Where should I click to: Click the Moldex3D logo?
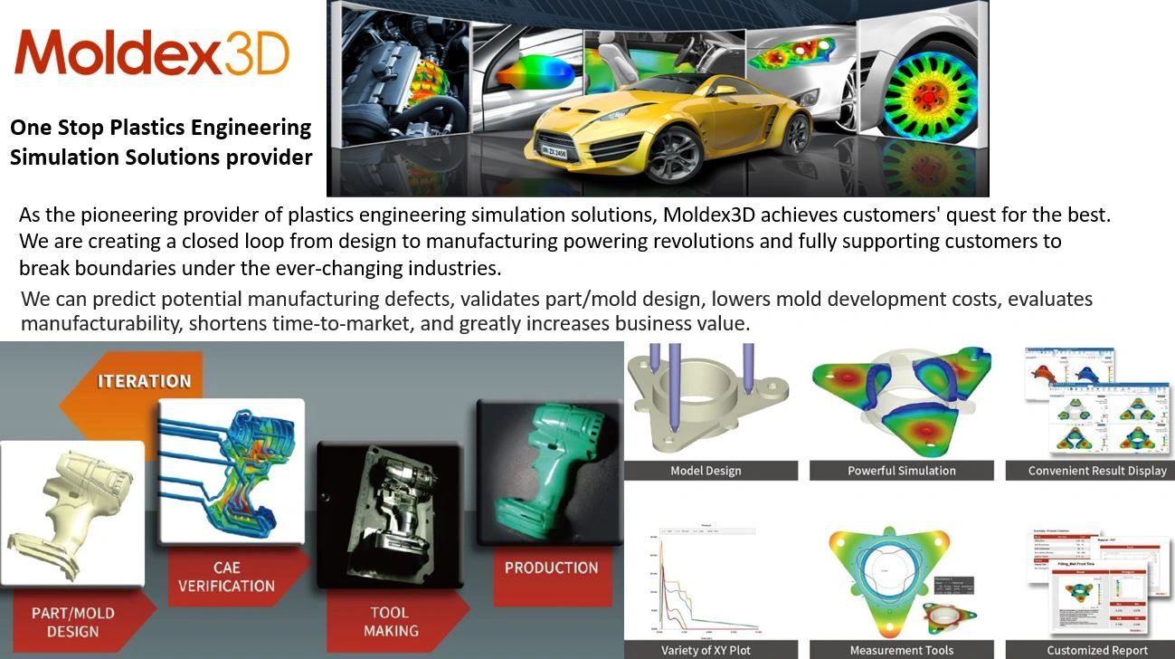pyautogui.click(x=151, y=53)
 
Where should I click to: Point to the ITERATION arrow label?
pyautogui.click(x=144, y=381)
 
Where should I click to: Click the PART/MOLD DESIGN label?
pyautogui.click(x=73, y=622)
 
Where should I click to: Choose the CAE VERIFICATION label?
pyautogui.click(x=226, y=577)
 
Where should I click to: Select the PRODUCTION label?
pyautogui.click(x=551, y=568)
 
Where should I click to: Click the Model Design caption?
pyautogui.click(x=706, y=471)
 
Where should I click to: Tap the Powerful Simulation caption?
pyautogui.click(x=901, y=471)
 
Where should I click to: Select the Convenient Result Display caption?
pyautogui.click(x=1097, y=471)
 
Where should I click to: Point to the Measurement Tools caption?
pyautogui.click(x=901, y=650)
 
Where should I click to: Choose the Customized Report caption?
pyautogui.click(x=1096, y=650)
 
